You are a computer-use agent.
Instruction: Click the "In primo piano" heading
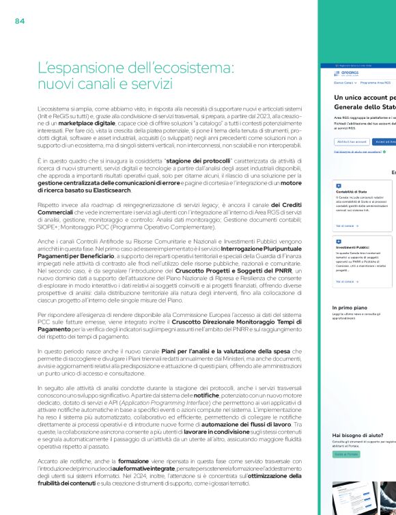click(x=350, y=308)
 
